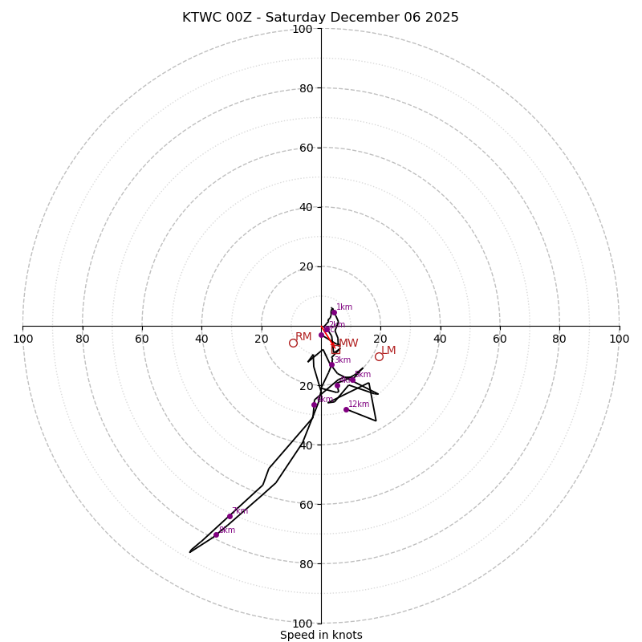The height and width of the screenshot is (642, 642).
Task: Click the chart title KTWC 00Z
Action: pyautogui.click(x=320, y=18)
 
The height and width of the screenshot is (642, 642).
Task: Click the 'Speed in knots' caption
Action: pyautogui.click(x=321, y=635)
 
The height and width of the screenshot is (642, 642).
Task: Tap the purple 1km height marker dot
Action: pyautogui.click(x=334, y=313)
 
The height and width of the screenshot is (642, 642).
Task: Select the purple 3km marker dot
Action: pyautogui.click(x=331, y=365)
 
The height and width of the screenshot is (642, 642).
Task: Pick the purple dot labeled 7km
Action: pyautogui.click(x=230, y=516)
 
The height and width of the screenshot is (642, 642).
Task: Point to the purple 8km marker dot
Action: pyautogui.click(x=216, y=534)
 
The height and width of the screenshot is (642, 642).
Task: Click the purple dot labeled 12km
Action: pyautogui.click(x=346, y=409)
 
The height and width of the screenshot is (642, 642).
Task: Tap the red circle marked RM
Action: pyautogui.click(x=293, y=343)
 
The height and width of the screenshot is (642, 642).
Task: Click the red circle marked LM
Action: pyautogui.click(x=379, y=356)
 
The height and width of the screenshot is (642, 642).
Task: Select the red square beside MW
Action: pyautogui.click(x=335, y=349)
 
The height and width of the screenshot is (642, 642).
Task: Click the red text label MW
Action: pyautogui.click(x=348, y=343)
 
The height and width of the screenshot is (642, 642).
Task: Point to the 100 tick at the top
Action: pyautogui.click(x=303, y=29)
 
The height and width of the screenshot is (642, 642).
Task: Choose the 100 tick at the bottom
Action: pyautogui.click(x=303, y=623)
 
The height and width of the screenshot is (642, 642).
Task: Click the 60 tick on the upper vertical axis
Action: pyautogui.click(x=306, y=148)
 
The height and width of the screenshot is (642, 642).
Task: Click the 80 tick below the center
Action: pyautogui.click(x=306, y=563)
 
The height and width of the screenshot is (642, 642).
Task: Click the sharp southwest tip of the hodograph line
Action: pyautogui.click(x=190, y=552)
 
